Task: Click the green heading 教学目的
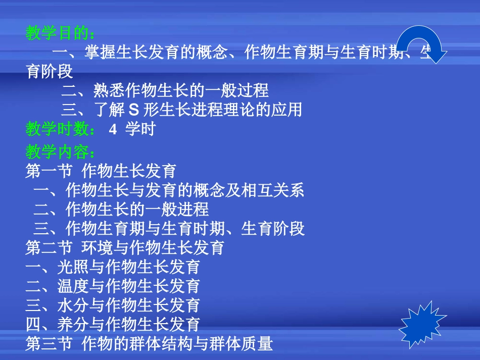pyautogui.click(x=60, y=34)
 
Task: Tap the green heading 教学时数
pyautogui.click(x=60, y=129)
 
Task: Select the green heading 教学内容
pyautogui.click(x=60, y=152)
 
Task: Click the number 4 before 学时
pyautogui.click(x=113, y=129)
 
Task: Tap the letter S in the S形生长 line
pyautogui.click(x=134, y=110)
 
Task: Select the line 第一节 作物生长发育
pyautogui.click(x=101, y=171)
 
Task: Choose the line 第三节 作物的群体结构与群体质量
pyautogui.click(x=149, y=344)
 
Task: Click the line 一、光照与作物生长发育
pyautogui.click(x=113, y=267)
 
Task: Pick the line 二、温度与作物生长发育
pyautogui.click(x=113, y=286)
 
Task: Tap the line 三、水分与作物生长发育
pyautogui.click(x=113, y=305)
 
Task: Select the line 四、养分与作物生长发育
pyautogui.click(x=113, y=324)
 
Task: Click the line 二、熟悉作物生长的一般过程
pyautogui.click(x=165, y=90)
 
